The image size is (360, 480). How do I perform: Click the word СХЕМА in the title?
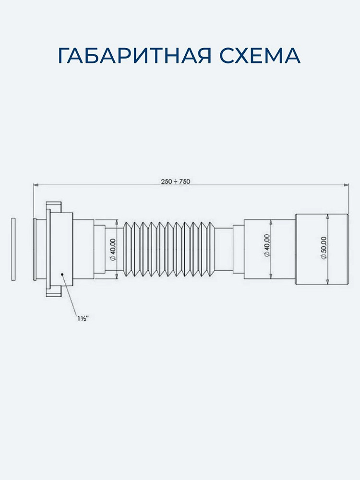(260, 55)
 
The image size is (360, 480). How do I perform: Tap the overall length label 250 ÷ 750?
(175, 181)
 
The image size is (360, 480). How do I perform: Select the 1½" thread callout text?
(83, 318)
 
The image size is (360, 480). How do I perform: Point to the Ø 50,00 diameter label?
(324, 248)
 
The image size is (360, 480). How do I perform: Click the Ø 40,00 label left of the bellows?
(113, 249)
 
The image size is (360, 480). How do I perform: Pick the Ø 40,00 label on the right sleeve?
(267, 245)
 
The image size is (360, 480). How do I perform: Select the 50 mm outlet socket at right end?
(322, 249)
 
